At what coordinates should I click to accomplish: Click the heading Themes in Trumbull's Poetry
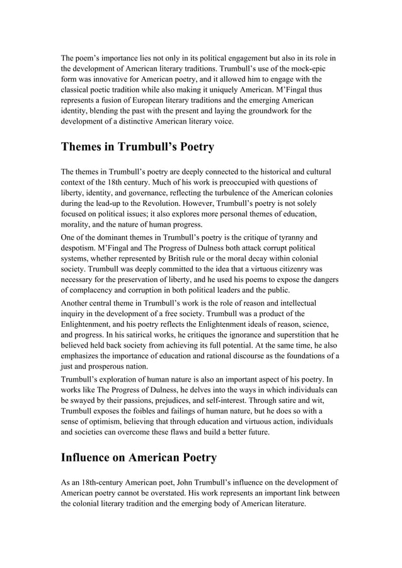pos(137,147)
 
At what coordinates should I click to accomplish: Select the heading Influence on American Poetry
pos(139,458)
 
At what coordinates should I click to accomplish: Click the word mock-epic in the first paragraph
pos(306,68)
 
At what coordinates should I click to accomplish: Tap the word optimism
pos(108,422)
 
